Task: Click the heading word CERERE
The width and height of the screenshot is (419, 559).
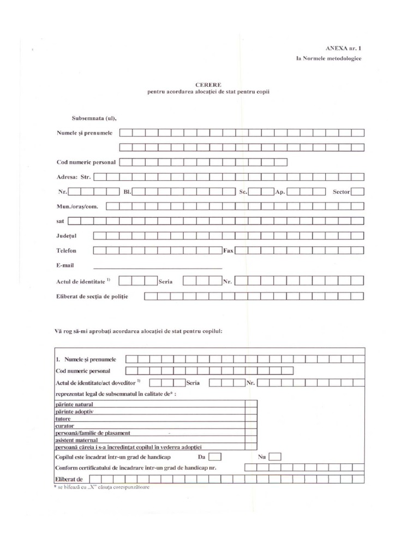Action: point(208,84)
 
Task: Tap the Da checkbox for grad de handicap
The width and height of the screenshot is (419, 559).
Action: point(216,456)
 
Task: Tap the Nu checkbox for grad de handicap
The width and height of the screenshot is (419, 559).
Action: point(275,456)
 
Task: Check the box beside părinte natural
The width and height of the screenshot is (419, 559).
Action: point(251,404)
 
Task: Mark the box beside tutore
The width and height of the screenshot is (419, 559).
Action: point(251,418)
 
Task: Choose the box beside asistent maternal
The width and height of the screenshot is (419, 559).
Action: point(251,439)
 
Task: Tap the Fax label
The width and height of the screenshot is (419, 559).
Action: point(229,251)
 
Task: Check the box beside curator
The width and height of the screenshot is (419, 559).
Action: point(251,425)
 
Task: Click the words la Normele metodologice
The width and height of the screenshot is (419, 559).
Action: point(328,58)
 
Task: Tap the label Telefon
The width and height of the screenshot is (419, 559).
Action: point(67,251)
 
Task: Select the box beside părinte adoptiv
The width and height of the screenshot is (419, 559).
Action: point(251,411)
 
